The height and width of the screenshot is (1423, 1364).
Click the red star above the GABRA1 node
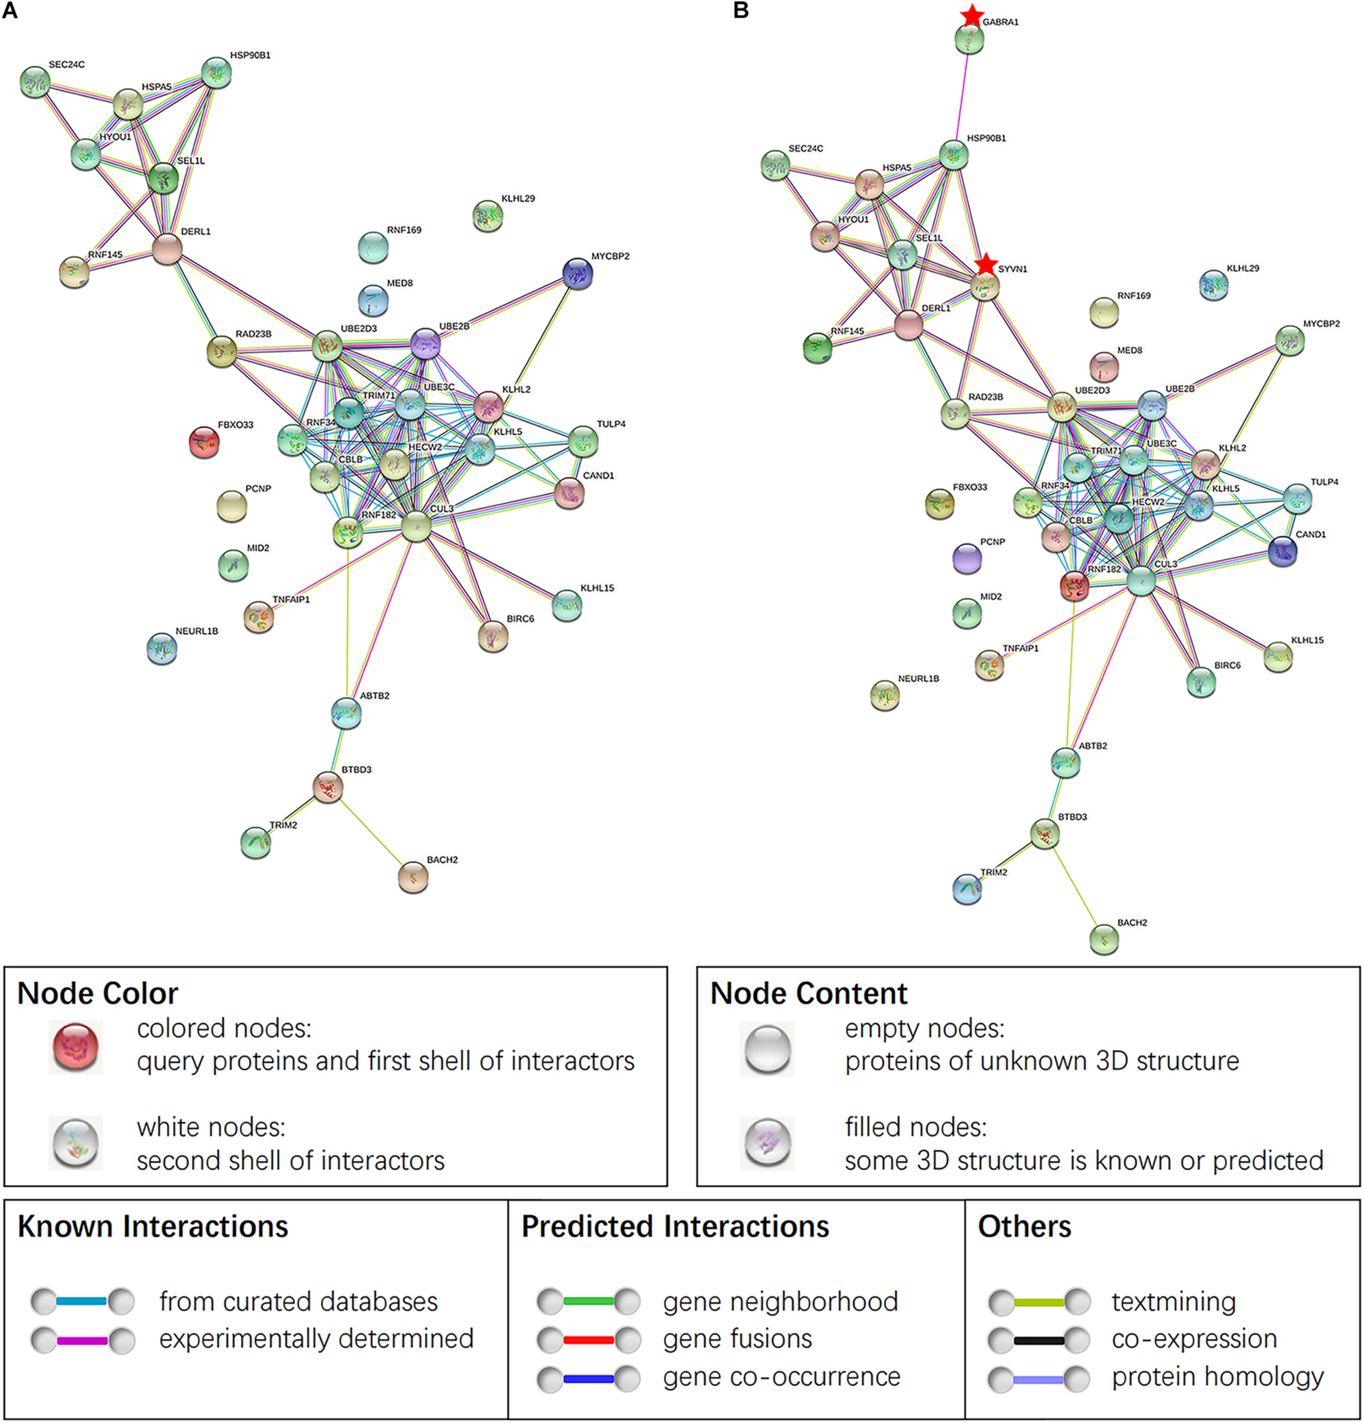tap(972, 15)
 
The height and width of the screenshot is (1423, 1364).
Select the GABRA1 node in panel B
tap(969, 39)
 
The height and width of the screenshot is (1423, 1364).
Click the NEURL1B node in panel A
tap(162, 648)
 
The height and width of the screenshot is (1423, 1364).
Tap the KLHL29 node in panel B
tap(1214, 285)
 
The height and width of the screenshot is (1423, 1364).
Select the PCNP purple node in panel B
tap(967, 558)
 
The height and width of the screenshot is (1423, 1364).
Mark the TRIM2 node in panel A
tap(255, 841)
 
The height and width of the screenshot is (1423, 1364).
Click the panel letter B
tap(741, 11)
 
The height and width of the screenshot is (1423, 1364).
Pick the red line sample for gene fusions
tap(588, 1339)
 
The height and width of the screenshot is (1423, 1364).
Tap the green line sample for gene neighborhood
tap(588, 1301)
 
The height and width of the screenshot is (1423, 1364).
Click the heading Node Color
tap(97, 993)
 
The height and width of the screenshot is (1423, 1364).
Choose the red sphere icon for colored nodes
tap(76, 1046)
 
